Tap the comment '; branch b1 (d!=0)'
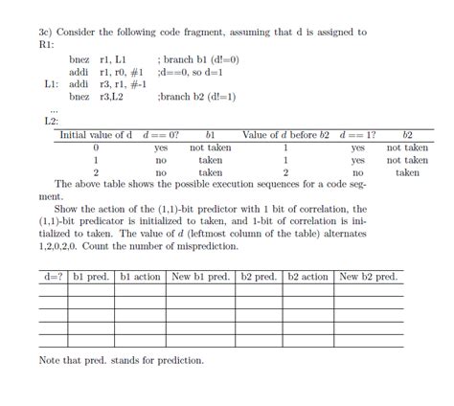tap(203, 58)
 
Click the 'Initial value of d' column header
tap(97, 135)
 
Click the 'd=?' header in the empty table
tap(53, 277)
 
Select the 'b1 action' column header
tap(141, 277)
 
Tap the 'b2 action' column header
tap(308, 277)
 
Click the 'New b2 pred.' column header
tap(369, 277)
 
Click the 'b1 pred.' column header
tap(91, 277)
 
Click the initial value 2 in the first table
tap(97, 173)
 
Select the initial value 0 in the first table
tap(97, 148)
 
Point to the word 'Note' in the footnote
tap(50, 361)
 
